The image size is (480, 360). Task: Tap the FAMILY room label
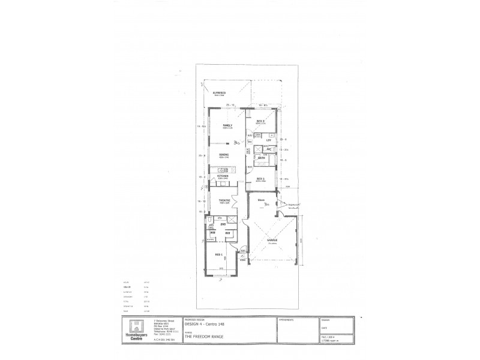[227, 125]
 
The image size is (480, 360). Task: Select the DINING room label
[224, 154]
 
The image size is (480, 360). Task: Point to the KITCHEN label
[223, 176]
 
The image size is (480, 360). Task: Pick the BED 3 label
[261, 121]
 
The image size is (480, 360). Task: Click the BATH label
[262, 158]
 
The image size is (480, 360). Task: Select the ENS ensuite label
[223, 224]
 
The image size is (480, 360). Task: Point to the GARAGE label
[272, 240]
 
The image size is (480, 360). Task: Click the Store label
[262, 199]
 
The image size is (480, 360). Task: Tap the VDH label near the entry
[242, 260]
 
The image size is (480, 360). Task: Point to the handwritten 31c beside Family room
[238, 143]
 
